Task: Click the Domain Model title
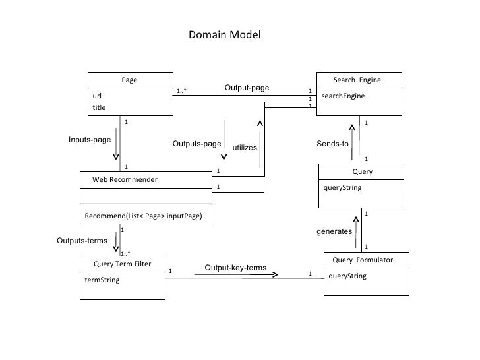pos(224,34)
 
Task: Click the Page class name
pos(129,80)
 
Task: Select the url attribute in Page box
pos(97,96)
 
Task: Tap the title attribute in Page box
pos(99,107)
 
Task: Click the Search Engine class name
pos(357,80)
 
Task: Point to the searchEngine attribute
pos(343,96)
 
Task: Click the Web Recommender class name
pos(125,179)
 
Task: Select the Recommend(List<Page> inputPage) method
pos(143,216)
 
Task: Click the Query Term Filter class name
pos(121,264)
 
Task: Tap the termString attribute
pos(102,279)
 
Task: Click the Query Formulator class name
pos(363,260)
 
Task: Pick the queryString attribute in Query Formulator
pos(347,276)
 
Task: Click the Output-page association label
pos(247,88)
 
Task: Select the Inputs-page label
pos(90,140)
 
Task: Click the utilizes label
pos(244,148)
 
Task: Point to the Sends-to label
pos(332,144)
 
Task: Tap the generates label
pos(334,232)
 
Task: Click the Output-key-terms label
pos(235,268)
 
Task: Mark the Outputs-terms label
pos(82,241)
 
